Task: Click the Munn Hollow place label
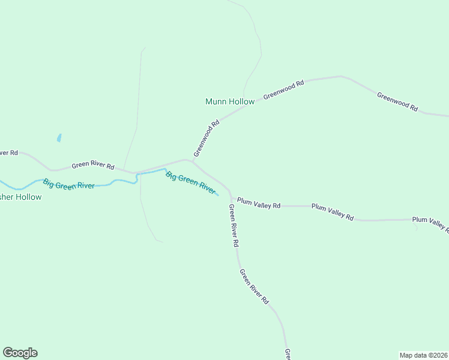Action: (230, 101)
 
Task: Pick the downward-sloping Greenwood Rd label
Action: (397, 100)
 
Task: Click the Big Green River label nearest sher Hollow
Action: (68, 184)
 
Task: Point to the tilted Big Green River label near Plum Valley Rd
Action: (190, 183)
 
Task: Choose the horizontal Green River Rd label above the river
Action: (92, 165)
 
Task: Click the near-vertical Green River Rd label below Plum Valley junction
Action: (234, 226)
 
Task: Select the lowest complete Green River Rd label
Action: (254, 287)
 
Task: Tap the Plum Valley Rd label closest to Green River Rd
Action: (258, 203)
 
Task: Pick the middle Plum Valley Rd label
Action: (332, 211)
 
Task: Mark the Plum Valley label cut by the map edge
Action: (430, 223)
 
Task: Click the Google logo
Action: (20, 353)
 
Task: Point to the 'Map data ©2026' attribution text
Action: (423, 355)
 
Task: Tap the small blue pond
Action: (59, 138)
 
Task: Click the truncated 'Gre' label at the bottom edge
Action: (288, 354)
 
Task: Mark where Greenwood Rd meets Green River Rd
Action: (193, 161)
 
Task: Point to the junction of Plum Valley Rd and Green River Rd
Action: (231, 198)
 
